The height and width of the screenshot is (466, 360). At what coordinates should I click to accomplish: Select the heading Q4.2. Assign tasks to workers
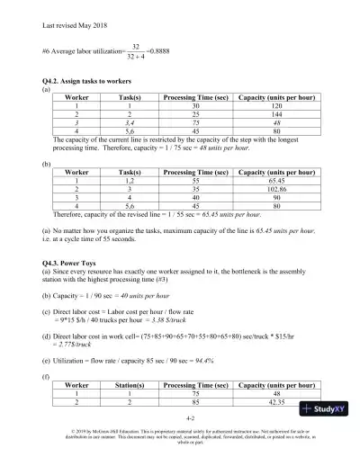(88, 83)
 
